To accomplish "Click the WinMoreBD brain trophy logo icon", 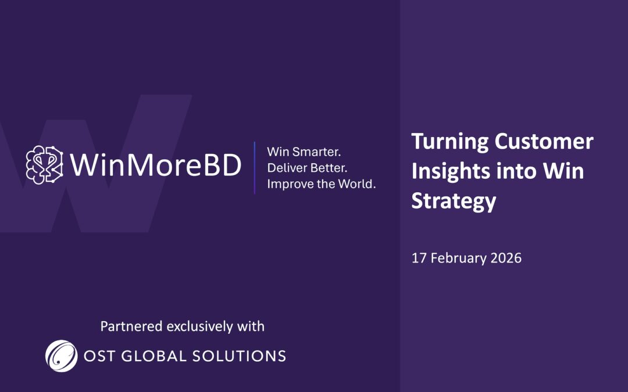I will coord(44,165).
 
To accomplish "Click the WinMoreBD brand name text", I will coord(155,166).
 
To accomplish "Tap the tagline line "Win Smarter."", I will coord(304,152).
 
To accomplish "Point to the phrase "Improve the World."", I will coord(322,185).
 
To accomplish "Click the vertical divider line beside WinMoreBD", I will coord(255,167).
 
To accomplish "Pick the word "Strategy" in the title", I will coord(454,202).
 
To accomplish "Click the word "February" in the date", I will coord(455,258).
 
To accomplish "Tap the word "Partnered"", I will coord(131,326).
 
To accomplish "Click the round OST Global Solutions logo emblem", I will coord(61,355).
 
